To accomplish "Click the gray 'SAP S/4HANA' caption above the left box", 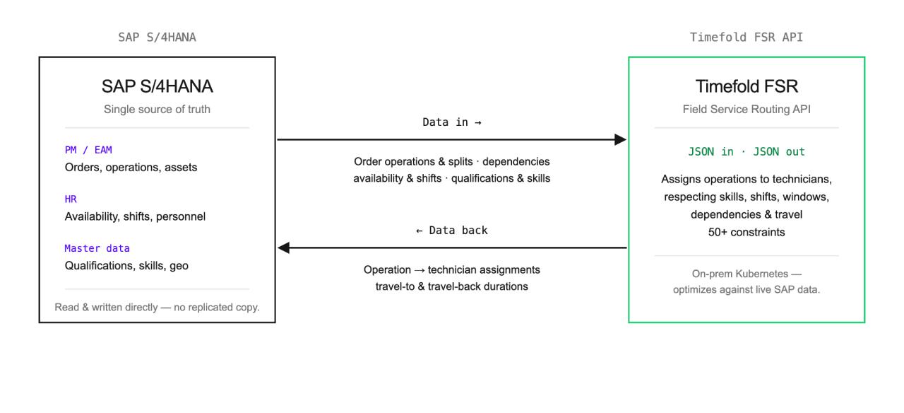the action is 157,37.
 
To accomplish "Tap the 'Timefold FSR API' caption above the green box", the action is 747,37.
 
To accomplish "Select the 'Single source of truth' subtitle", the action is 157,109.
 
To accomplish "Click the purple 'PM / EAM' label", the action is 88,150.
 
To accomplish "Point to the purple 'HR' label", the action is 71,199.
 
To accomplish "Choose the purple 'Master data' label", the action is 97,248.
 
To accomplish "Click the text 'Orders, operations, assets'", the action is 131,168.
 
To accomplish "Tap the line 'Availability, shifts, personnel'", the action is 135,216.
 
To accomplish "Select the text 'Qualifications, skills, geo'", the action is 126,265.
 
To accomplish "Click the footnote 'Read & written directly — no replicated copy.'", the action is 157,307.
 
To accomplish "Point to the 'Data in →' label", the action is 452,122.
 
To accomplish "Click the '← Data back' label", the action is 452,231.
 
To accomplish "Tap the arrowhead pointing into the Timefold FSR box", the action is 621,140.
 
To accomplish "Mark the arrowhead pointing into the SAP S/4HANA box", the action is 283,248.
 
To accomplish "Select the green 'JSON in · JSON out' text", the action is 747,151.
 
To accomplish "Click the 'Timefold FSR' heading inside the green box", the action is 747,86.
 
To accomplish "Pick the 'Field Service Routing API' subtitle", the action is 747,109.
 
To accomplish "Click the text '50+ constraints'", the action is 747,232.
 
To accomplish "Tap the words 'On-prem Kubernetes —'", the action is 747,274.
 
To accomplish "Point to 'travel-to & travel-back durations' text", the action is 451,286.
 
